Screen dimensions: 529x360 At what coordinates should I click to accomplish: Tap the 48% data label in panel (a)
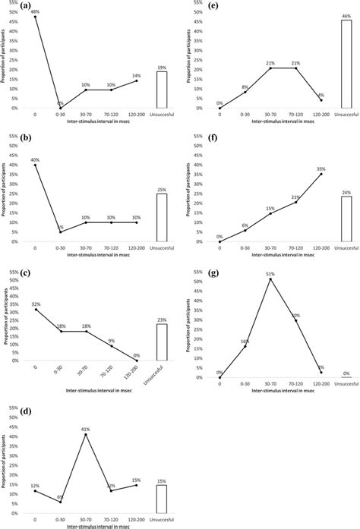tap(35, 11)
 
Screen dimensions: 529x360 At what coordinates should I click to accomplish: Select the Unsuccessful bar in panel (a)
tap(162, 90)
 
